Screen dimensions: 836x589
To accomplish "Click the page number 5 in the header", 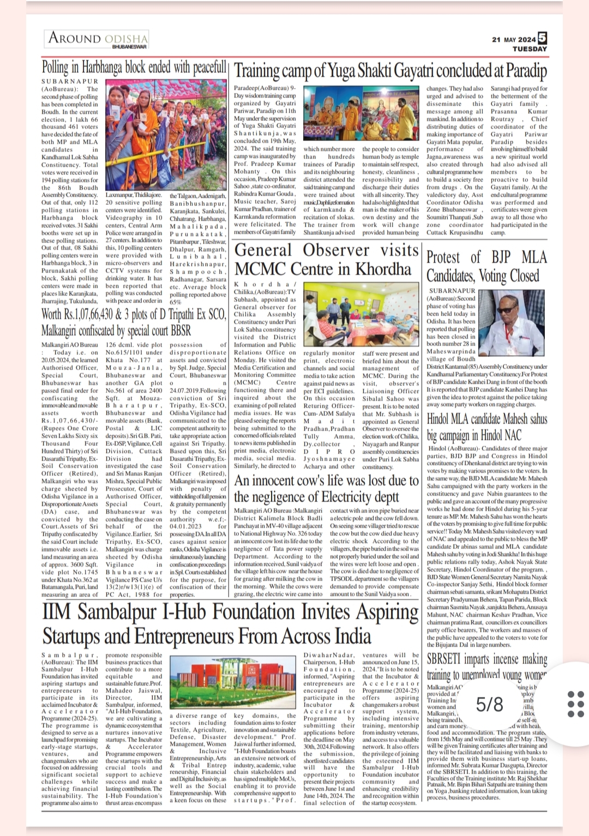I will tap(542, 38).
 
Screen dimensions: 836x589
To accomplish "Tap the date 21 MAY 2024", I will tap(513, 40).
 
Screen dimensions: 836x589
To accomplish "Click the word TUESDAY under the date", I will tap(529, 49).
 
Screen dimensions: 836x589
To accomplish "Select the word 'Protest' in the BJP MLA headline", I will tap(443, 257).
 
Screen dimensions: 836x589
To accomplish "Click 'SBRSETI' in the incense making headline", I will tap(444, 658).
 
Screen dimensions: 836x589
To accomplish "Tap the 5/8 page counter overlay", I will tap(489, 705).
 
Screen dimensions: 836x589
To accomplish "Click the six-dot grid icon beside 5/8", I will tap(575, 704).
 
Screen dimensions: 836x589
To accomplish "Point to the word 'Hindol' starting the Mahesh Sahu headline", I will tap(437, 419).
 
